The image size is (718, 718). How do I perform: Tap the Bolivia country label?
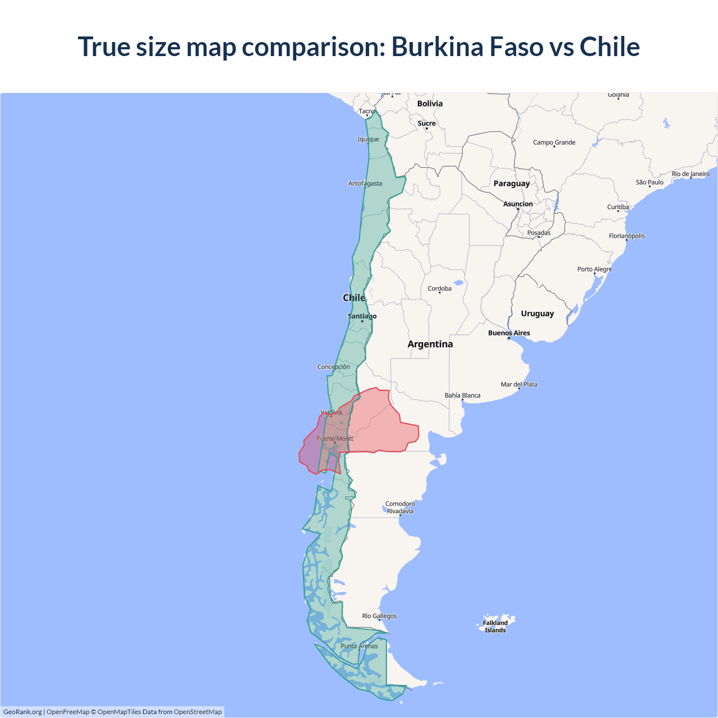tap(430, 104)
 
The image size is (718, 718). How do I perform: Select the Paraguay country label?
tap(512, 183)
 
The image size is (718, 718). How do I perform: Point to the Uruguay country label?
tap(537, 314)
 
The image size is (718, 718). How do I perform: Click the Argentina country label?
tap(430, 344)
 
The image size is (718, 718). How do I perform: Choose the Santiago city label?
tap(362, 316)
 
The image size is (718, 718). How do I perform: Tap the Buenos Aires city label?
tap(509, 333)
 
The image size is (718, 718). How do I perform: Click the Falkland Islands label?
tap(495, 627)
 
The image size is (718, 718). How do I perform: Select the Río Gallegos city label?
tap(379, 616)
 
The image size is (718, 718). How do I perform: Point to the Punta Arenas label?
tap(359, 646)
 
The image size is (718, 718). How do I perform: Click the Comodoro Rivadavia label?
tap(400, 507)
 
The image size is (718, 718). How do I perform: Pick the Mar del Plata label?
tap(519, 384)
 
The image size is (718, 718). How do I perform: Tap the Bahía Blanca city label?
tap(462, 395)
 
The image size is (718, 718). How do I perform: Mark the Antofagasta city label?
tap(365, 183)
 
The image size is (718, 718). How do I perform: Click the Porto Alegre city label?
tap(595, 269)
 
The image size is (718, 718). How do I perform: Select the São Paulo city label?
tap(650, 182)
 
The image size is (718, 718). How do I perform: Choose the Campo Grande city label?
tap(554, 142)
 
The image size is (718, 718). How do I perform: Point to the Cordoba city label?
tap(440, 288)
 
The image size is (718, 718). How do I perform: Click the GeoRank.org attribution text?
tap(22, 712)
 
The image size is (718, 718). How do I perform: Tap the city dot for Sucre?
tap(427, 128)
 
